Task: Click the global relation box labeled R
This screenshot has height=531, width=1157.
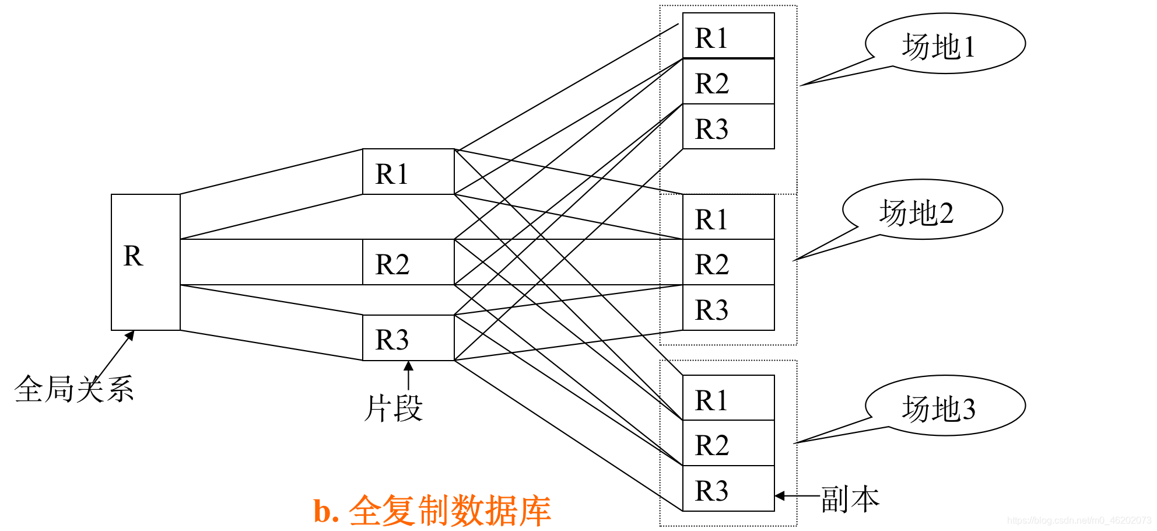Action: tap(146, 262)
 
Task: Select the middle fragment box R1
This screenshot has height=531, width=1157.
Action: tap(408, 172)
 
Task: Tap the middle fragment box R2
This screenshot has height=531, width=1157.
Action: tap(408, 262)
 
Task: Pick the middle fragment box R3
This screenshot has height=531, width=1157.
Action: tap(408, 338)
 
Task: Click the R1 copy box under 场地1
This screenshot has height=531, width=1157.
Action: tap(728, 36)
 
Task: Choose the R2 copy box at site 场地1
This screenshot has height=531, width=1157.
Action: tap(728, 81)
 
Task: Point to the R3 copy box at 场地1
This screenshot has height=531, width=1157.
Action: tap(728, 126)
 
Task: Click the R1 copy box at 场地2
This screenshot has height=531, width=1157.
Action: tap(728, 216)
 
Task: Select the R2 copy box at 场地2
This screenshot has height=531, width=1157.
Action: tap(728, 262)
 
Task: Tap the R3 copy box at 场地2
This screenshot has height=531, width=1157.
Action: tap(728, 308)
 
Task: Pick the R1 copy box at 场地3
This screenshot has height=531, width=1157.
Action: tap(728, 397)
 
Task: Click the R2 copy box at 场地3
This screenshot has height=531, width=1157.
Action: tap(728, 443)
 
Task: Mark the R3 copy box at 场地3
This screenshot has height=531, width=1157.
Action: tap(728, 488)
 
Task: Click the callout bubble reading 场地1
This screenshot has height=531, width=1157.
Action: tap(945, 44)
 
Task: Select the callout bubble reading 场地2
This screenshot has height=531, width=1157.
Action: tap(923, 209)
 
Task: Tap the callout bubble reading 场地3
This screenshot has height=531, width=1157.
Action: tap(945, 406)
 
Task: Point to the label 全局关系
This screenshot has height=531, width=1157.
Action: tap(74, 389)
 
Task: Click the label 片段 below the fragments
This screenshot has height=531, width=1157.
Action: tap(394, 408)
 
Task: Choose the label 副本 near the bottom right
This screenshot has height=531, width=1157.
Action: tap(850, 499)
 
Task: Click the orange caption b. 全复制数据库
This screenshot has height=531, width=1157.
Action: tap(432, 511)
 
